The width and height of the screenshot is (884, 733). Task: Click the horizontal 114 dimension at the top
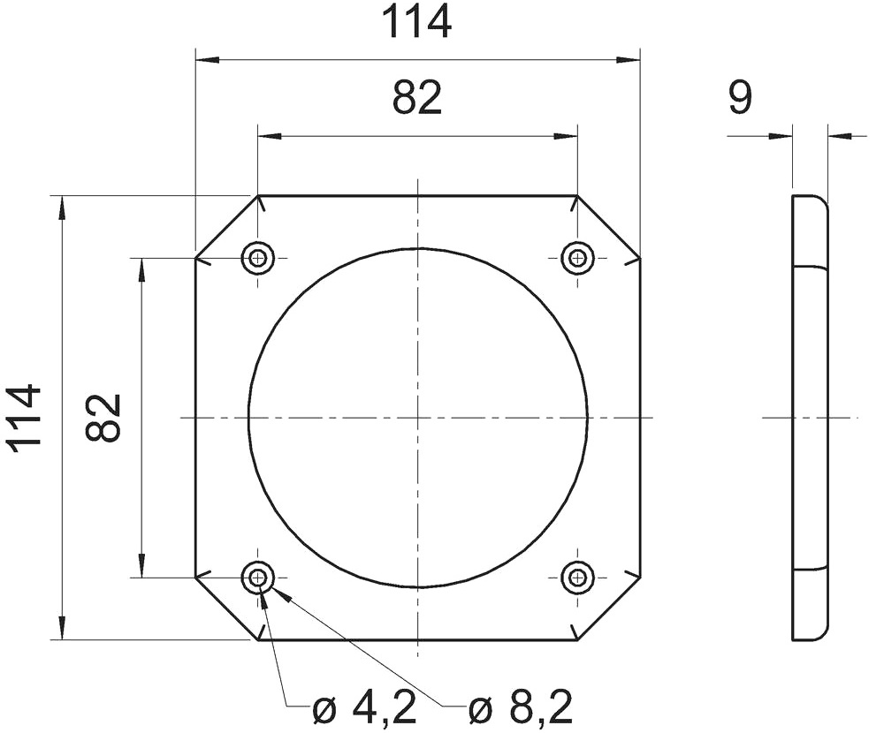point(416,24)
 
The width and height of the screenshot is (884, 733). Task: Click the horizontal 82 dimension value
point(416,99)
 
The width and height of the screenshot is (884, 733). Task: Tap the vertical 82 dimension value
point(103,418)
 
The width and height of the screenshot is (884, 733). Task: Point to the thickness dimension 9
point(740,99)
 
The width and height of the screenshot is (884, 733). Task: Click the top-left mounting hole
point(258,258)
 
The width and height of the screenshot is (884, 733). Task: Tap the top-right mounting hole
point(577,258)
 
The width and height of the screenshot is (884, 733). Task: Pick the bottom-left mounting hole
point(258,578)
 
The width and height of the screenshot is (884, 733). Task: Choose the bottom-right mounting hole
point(577,578)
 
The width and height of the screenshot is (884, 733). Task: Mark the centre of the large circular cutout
point(417,418)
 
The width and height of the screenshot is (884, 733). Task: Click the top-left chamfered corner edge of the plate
point(226,226)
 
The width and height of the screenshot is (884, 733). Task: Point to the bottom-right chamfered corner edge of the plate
point(608,608)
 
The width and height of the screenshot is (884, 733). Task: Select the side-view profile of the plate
point(810,418)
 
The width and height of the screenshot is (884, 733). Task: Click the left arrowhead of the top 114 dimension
point(205,60)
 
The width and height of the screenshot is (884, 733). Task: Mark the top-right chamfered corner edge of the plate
point(608,226)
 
